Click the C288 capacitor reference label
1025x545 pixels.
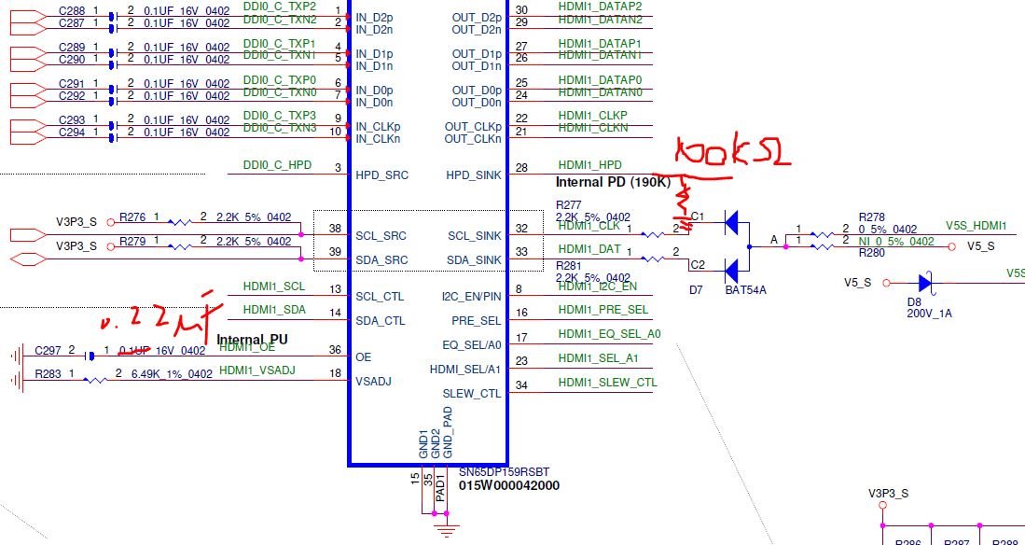(72, 10)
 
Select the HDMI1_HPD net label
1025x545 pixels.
(589, 164)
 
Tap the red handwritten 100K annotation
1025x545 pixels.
(733, 154)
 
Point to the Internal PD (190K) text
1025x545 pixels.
(612, 182)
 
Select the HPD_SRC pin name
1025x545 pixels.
(382, 175)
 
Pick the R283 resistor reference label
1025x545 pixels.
(48, 374)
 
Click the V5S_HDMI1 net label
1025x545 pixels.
(976, 226)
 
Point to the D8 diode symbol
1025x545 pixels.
(924, 282)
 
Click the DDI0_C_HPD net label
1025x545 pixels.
(277, 164)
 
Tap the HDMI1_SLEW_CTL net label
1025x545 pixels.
(607, 382)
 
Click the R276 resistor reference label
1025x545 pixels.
(132, 217)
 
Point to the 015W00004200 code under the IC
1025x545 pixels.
(509, 485)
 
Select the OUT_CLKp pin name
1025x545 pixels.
(473, 127)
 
